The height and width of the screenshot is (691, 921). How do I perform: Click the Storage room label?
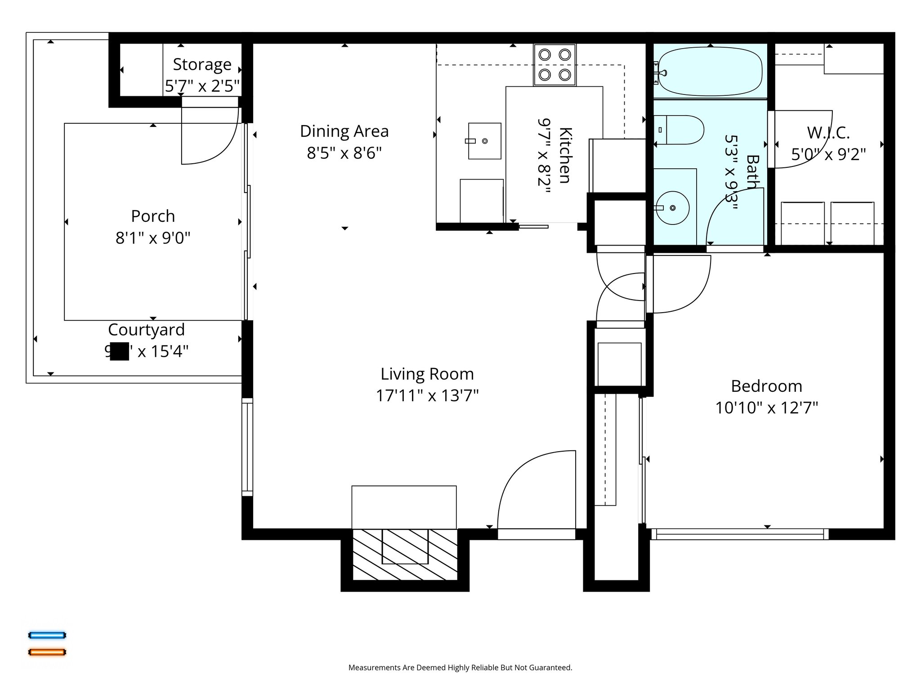coord(202,65)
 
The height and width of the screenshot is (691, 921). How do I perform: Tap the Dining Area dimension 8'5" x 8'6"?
coord(344,153)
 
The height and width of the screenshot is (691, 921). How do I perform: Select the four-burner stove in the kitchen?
coord(554,65)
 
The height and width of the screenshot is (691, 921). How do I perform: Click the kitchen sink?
coord(484,141)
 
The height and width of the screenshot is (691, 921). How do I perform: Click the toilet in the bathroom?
coord(679,130)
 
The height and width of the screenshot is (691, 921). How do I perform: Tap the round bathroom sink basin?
coord(672,208)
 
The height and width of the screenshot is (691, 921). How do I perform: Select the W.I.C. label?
coord(828,133)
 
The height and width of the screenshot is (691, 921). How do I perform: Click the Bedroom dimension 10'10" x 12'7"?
coord(766,408)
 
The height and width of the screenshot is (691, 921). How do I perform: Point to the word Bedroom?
coord(766,386)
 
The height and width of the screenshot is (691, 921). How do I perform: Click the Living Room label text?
coord(427,374)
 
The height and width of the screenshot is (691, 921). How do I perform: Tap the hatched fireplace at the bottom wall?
coord(404,554)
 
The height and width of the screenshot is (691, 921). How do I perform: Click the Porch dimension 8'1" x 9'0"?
coord(153,238)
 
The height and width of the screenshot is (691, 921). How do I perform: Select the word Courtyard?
coord(146,330)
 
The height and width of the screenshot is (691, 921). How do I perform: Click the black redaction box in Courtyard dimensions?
coord(119,351)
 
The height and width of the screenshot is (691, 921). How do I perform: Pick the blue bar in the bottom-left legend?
coord(47,635)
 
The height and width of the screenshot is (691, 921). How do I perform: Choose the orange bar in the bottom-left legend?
coord(47,652)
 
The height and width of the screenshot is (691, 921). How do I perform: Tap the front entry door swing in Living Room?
coord(535,490)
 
